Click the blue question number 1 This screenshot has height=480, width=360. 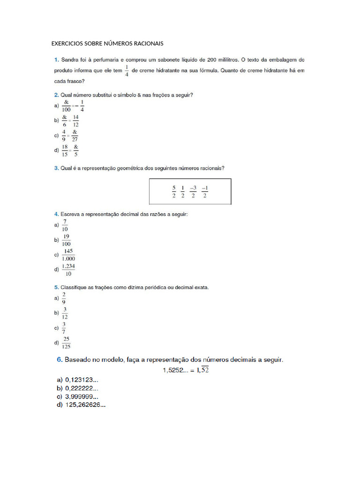(x=56, y=60)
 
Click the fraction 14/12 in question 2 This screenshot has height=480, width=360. (x=76, y=121)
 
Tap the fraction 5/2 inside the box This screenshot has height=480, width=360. (x=173, y=192)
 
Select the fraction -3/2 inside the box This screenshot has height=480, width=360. (x=193, y=192)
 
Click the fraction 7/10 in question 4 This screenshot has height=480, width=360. (x=65, y=225)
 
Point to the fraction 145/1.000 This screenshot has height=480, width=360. (x=68, y=255)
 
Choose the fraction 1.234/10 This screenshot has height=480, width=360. (x=68, y=270)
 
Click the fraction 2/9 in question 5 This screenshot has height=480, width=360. (x=64, y=298)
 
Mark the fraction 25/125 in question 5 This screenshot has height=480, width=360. (x=67, y=343)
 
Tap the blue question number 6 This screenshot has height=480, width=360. (x=60, y=360)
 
